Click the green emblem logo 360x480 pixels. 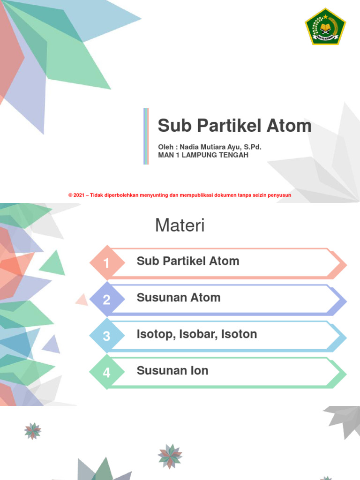(x=325, y=26)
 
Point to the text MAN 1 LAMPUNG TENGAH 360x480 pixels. (x=203, y=155)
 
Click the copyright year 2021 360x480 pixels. (x=80, y=195)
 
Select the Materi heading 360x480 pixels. (x=180, y=226)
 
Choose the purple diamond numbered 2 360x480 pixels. (x=107, y=300)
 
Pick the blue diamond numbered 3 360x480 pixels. (x=107, y=336)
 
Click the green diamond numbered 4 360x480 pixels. (x=107, y=373)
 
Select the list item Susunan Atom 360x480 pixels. (x=179, y=298)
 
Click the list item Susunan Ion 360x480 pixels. (x=172, y=371)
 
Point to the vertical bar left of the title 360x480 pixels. (x=146, y=136)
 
